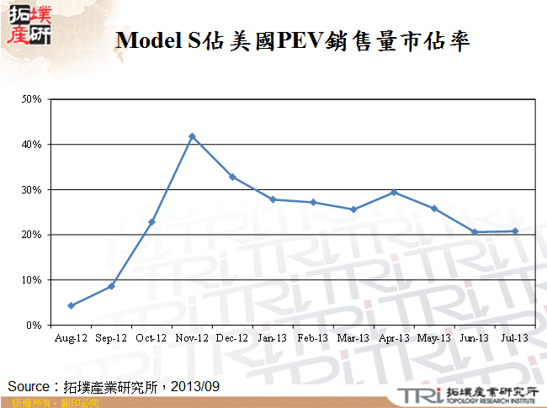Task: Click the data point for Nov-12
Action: pyautogui.click(x=192, y=136)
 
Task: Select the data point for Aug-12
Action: pyautogui.click(x=71, y=305)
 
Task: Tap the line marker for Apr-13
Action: pyautogui.click(x=394, y=193)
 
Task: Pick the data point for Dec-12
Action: pyautogui.click(x=232, y=178)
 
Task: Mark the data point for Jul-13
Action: pyautogui.click(x=515, y=231)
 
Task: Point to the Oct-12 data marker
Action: pyautogui.click(x=151, y=222)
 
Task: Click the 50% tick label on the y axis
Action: pyautogui.click(x=32, y=99)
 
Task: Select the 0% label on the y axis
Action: pyautogui.click(x=35, y=325)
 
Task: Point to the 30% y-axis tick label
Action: pyautogui.click(x=32, y=189)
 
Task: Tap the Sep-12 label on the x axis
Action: pyautogui.click(x=110, y=338)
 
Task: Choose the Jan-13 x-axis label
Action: pyautogui.click(x=272, y=338)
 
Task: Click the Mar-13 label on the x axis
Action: pyautogui.click(x=353, y=338)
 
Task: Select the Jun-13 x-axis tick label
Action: pyautogui.click(x=474, y=338)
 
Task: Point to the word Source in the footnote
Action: pyautogui.click(x=28, y=386)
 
